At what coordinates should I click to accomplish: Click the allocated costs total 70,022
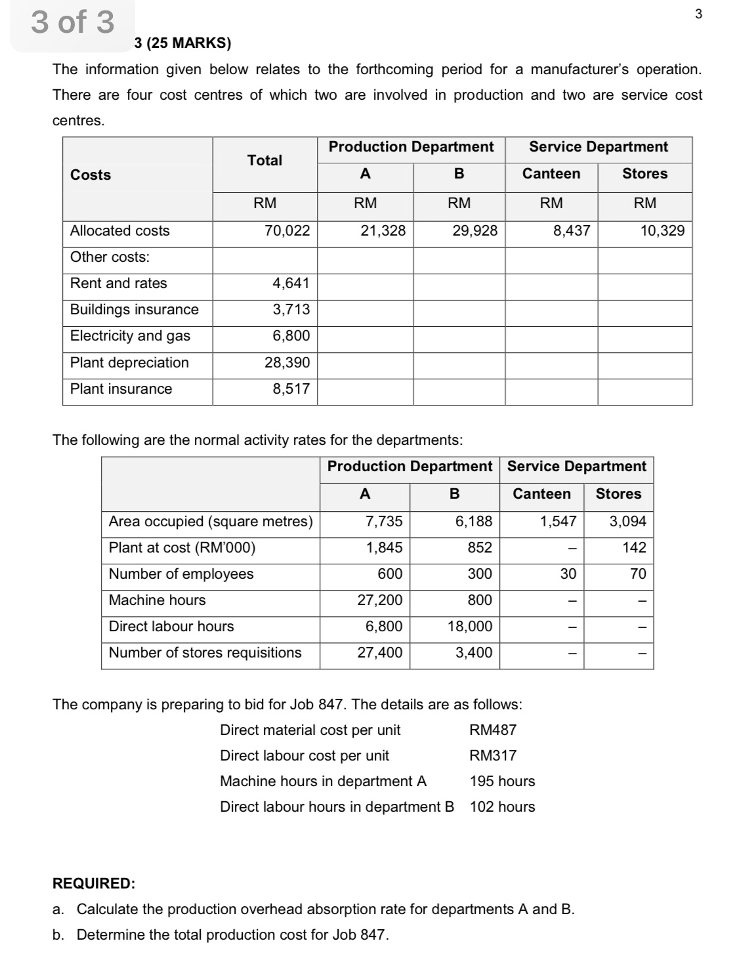coord(287,230)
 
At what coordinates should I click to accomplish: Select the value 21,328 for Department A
coord(383,230)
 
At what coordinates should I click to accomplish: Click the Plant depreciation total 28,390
coord(287,363)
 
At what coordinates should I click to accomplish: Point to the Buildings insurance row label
coord(135,310)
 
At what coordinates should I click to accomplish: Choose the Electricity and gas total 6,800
coord(291,336)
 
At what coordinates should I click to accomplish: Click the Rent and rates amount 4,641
coord(291,283)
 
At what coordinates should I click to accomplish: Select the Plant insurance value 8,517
coord(291,389)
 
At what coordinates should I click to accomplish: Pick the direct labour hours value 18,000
coord(469,627)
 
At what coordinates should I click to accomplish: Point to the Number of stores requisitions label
coord(205,653)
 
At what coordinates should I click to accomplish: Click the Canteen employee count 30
coord(568,574)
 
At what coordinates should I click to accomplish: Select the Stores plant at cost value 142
coord(634,548)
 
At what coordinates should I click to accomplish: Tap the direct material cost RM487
coord(493,730)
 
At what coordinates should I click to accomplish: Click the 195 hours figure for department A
coord(502,782)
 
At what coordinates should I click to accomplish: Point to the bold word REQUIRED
coord(94,884)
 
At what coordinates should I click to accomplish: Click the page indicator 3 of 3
coord(72,22)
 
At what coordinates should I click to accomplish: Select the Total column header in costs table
coord(264,160)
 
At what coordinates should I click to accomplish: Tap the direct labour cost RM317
coord(493,756)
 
